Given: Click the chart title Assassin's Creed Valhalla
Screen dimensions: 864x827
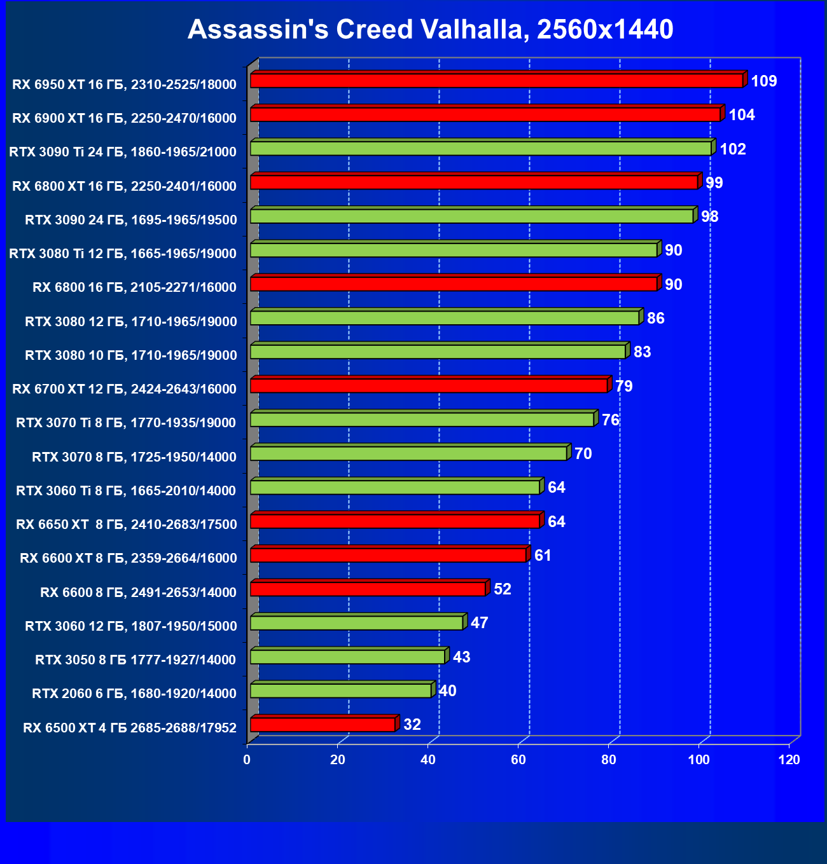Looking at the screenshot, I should coord(430,30).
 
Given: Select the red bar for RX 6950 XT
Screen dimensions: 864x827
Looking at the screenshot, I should coord(496,81).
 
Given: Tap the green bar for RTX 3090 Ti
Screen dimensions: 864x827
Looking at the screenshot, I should coord(480,149).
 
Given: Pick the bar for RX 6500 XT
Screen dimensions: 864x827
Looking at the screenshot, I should coord(323,725).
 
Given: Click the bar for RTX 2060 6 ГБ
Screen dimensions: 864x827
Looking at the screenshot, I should coord(340,690).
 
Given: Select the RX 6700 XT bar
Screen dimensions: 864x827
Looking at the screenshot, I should coord(429,386).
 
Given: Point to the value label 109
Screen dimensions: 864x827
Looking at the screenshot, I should coord(764,81).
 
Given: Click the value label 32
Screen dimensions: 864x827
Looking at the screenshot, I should coord(412,725).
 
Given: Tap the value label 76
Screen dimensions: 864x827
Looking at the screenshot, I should coord(611,420).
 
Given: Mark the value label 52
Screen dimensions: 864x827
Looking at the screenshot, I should coord(503,589).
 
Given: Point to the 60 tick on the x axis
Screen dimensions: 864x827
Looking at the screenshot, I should coord(518,760).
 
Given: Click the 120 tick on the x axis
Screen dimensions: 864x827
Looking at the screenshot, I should coord(789,760).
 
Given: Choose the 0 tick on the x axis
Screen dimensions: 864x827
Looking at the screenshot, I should coord(247,760).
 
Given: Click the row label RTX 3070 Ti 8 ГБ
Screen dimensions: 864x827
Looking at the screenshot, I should coord(126,423).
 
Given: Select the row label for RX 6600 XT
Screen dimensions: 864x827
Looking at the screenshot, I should coord(129,558).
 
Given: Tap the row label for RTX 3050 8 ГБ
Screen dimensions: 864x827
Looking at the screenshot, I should coord(136,660).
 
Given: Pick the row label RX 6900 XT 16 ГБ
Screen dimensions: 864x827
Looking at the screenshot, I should coord(125,118).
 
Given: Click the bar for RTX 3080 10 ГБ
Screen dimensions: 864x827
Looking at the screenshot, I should coord(438,352).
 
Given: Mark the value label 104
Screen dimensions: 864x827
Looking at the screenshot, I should coord(742,115).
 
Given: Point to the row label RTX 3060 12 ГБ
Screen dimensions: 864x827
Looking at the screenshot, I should coord(131,626).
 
